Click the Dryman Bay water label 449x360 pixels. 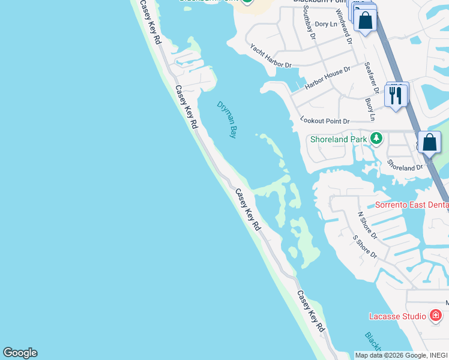tap(227, 119)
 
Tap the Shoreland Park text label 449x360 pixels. tap(338, 139)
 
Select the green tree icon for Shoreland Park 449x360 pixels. tap(376, 139)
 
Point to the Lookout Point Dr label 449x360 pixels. tap(325, 121)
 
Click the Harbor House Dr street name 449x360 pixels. tap(327, 78)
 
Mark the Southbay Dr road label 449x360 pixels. tap(309, 23)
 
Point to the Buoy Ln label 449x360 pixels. tap(370, 109)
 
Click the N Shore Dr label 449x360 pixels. tap(367, 225)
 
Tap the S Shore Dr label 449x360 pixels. tap(364, 247)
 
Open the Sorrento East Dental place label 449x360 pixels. tap(412, 205)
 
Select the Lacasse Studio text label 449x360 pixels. tap(397, 316)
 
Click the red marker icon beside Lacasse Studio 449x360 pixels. tap(436, 316)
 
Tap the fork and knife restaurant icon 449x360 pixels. tap(396, 95)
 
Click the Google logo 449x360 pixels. tap(20, 353)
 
